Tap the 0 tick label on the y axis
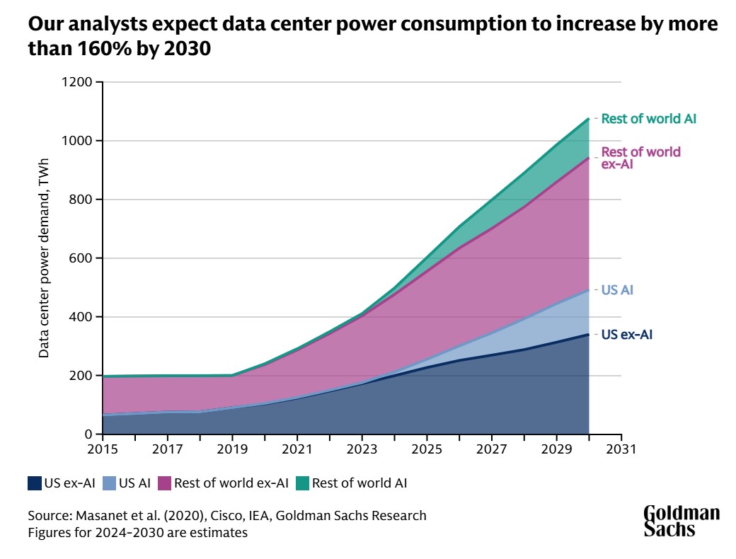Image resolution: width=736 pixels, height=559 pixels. [x=88, y=434]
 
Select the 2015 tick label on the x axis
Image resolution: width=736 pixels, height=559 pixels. [x=103, y=449]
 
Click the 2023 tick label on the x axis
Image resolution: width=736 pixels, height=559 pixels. [x=362, y=449]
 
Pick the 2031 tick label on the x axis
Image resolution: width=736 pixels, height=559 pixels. [x=621, y=449]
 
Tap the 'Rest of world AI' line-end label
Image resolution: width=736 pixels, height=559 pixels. [x=648, y=119]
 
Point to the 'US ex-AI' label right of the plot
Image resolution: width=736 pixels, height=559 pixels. [x=626, y=335]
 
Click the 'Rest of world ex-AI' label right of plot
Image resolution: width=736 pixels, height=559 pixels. [x=640, y=158]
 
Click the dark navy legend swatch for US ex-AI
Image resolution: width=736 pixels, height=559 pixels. [x=34, y=484]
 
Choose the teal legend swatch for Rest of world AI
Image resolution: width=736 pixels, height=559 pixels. [x=302, y=484]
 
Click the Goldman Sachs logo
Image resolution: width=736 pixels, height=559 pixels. [x=681, y=521]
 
